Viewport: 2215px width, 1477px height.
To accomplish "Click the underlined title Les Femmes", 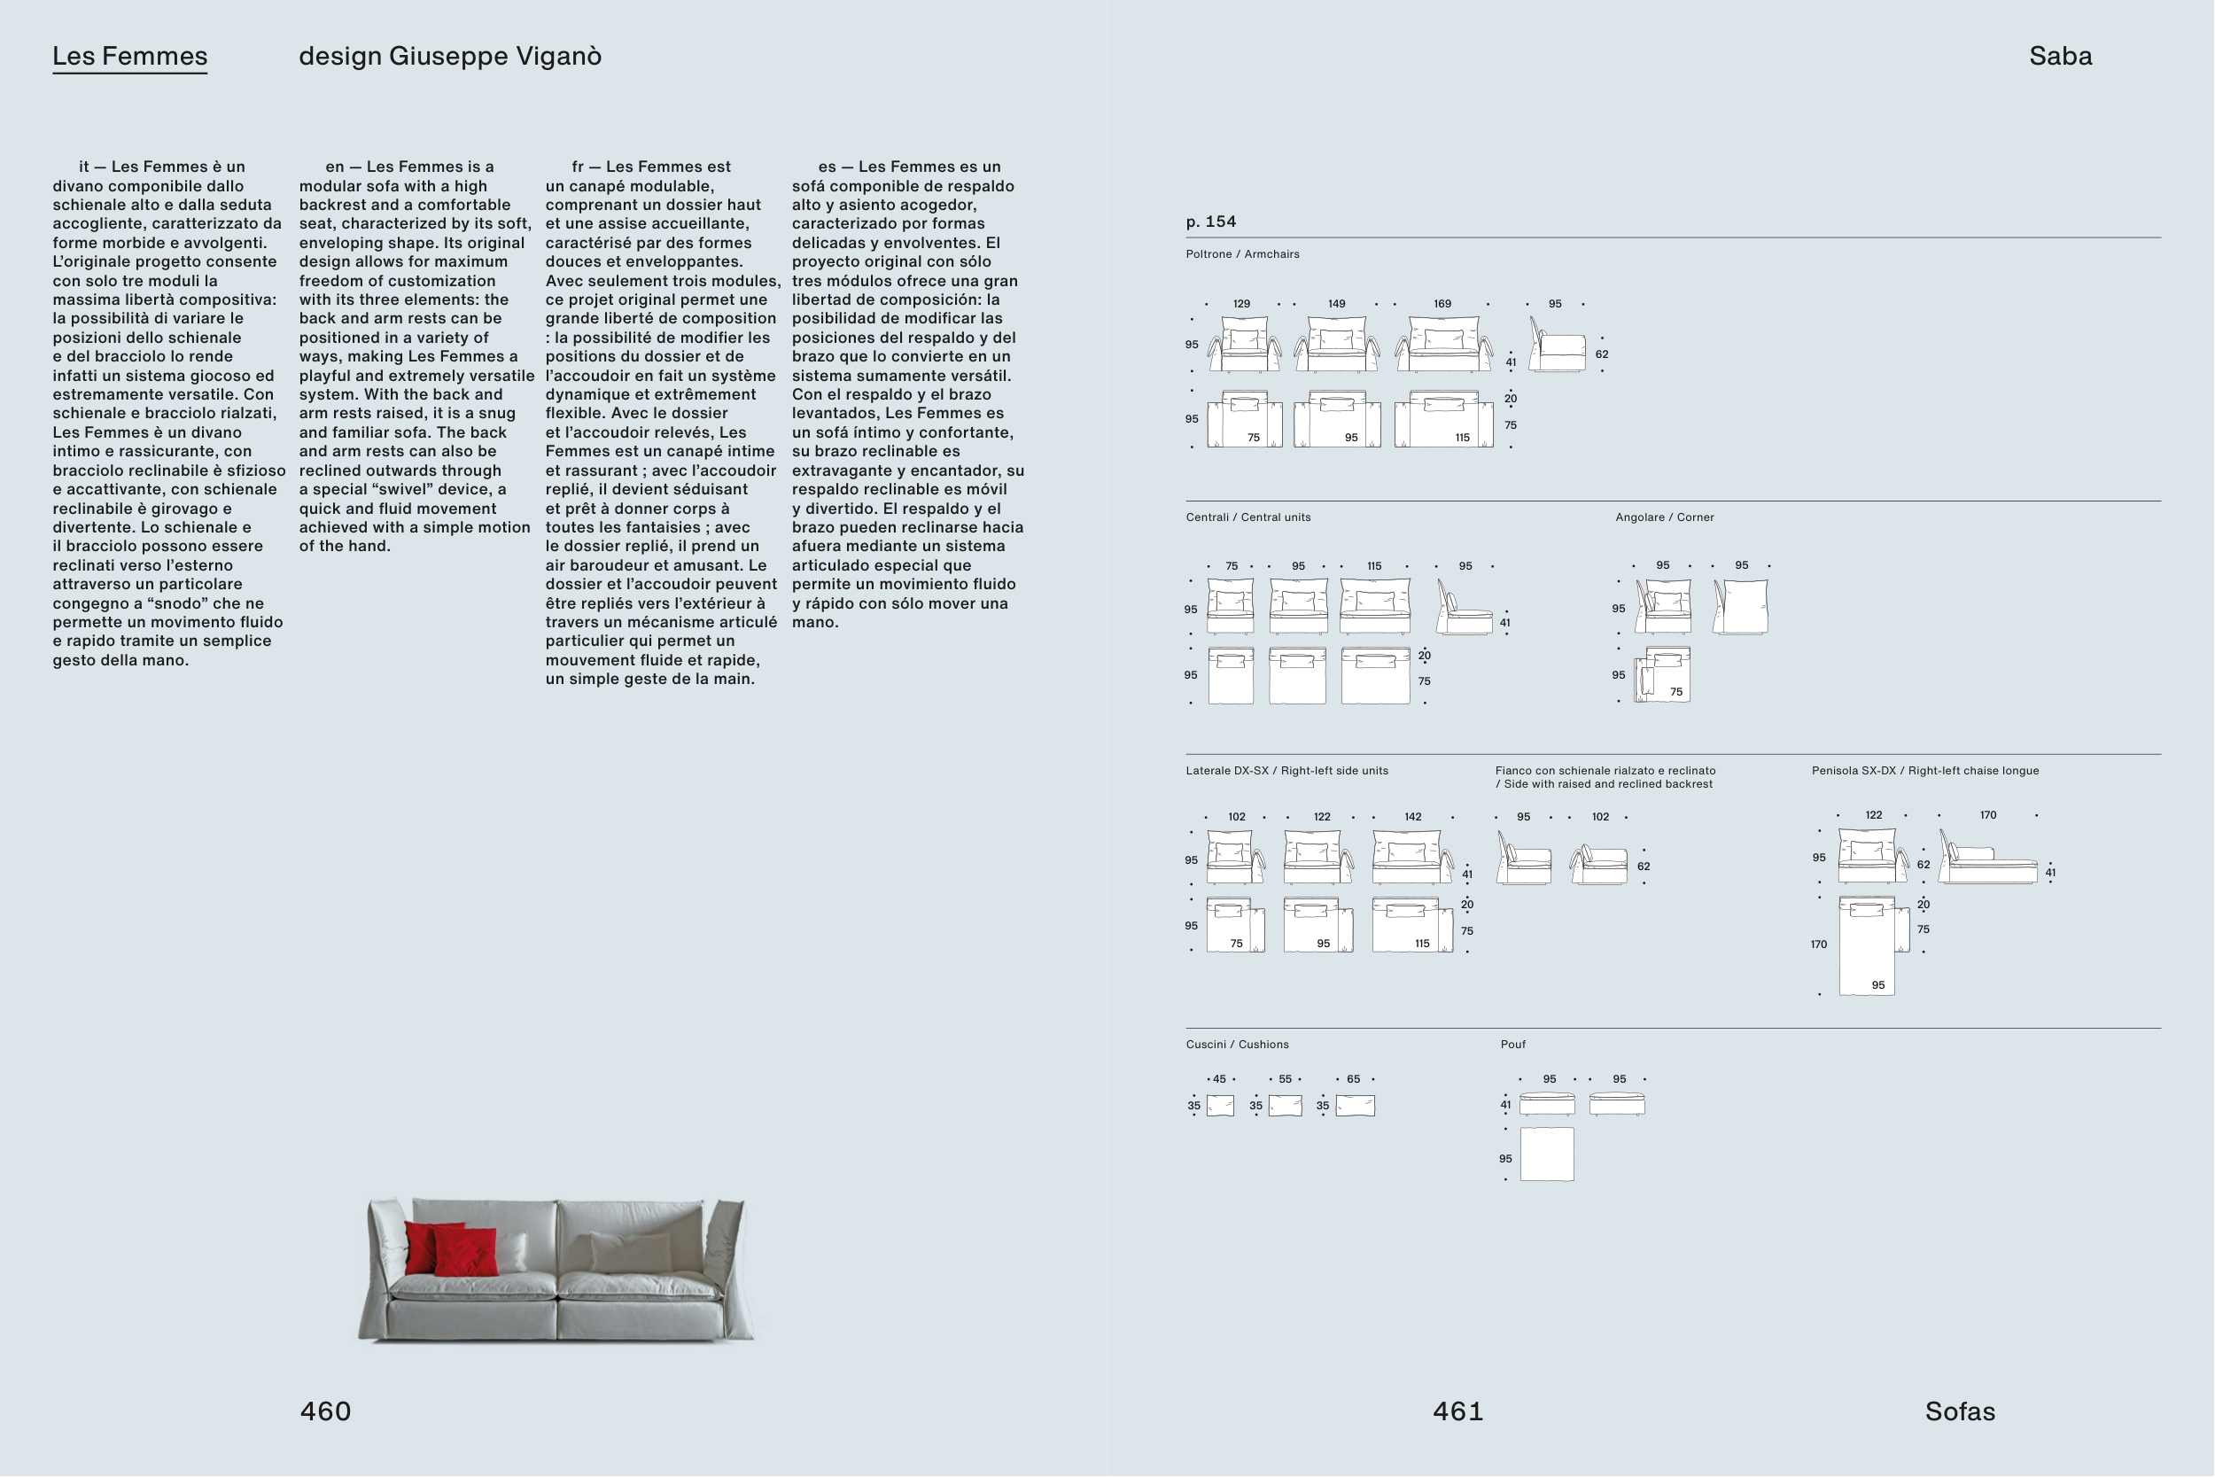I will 130,57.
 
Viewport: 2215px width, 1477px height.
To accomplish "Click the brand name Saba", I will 2061,57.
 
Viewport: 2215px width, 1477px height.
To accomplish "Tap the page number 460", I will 325,1411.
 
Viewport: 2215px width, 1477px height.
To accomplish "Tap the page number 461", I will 1457,1411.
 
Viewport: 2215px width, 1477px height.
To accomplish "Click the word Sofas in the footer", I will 1960,1411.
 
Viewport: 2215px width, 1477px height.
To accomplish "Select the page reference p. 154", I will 1211,222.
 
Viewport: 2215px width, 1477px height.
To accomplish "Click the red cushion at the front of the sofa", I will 467,1253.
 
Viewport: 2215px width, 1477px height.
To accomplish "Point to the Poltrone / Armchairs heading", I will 1242,254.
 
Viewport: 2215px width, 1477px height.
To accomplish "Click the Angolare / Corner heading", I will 1664,517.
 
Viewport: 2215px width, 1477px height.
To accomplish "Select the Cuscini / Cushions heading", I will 1237,1045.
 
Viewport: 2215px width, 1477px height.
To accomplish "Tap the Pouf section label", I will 1512,1045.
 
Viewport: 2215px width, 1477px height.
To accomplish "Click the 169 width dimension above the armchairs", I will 1442,304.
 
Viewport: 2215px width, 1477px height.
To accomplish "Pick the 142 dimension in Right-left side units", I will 1412,817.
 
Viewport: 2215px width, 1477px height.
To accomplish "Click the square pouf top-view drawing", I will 1546,1154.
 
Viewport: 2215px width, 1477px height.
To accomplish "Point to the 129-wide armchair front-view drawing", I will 1244,345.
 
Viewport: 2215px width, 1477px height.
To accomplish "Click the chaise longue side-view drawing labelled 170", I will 1988,860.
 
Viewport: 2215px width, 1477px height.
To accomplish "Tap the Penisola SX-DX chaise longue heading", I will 1925,771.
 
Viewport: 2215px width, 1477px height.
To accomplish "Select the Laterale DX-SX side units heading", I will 1286,771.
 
